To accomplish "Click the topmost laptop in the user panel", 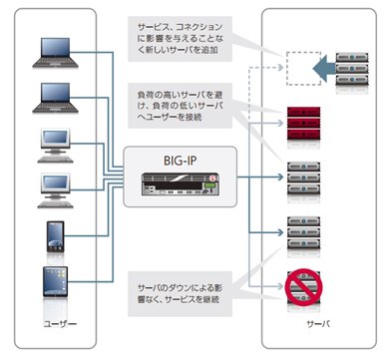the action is pyautogui.click(x=55, y=53).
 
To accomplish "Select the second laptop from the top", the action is pyautogui.click(x=55, y=98).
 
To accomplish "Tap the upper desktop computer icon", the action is pyautogui.click(x=55, y=146).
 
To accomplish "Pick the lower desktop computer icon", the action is pyautogui.click(x=55, y=190).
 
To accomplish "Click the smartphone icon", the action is pyautogui.click(x=55, y=236).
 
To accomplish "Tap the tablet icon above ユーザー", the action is pyautogui.click(x=55, y=281).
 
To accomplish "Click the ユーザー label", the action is pyautogui.click(x=60, y=323).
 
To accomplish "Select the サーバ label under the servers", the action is pyautogui.click(x=318, y=323).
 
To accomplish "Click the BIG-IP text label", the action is pyautogui.click(x=181, y=161).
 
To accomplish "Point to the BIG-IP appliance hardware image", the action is pyautogui.click(x=181, y=184).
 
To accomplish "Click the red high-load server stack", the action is pyautogui.click(x=303, y=124).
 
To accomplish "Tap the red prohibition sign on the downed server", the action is pyautogui.click(x=303, y=287).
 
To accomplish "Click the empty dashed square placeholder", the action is pyautogui.click(x=303, y=69).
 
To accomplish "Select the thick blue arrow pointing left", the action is pyautogui.click(x=324, y=69).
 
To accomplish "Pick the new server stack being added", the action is pyautogui.click(x=352, y=69).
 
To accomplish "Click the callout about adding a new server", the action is pyautogui.click(x=180, y=39).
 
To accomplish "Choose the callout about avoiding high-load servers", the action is pyautogui.click(x=180, y=106).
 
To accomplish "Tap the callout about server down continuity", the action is pyautogui.click(x=180, y=293).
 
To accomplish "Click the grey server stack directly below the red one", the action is pyautogui.click(x=303, y=179).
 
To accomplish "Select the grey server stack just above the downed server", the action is pyautogui.click(x=303, y=232).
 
